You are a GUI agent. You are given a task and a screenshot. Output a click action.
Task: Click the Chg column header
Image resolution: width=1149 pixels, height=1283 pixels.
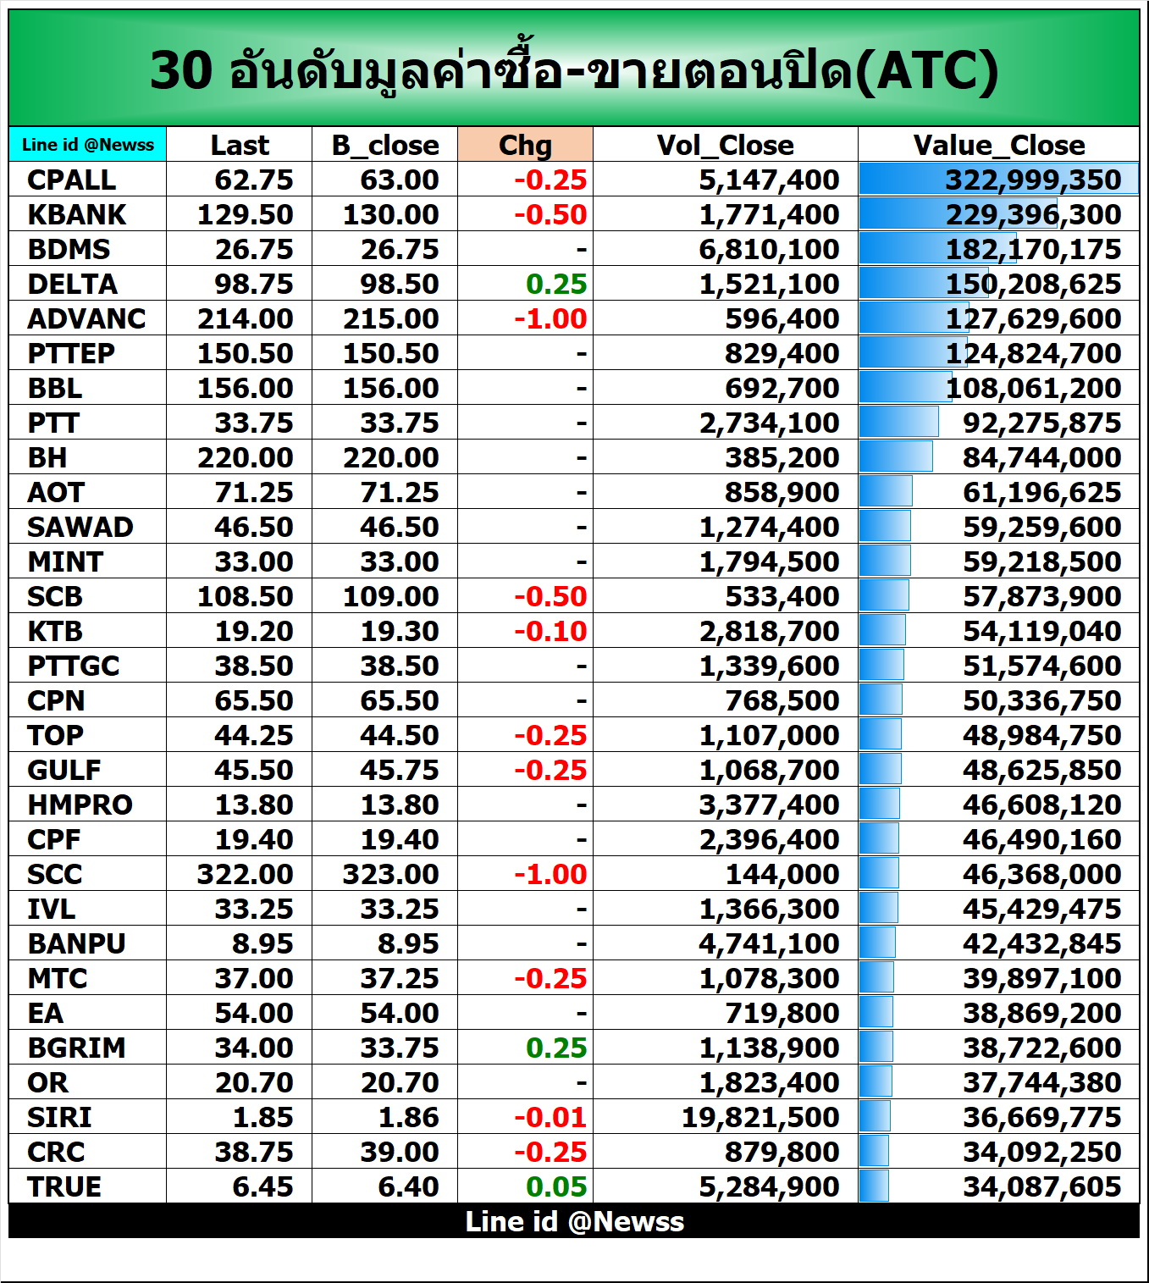tap(525, 145)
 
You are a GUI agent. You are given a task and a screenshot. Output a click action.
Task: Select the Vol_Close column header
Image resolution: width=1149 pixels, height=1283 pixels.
tap(725, 145)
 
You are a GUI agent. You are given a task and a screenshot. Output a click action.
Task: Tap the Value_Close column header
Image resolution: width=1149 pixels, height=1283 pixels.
tap(998, 145)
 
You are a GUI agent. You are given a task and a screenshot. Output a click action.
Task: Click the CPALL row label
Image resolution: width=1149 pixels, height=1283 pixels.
tap(71, 180)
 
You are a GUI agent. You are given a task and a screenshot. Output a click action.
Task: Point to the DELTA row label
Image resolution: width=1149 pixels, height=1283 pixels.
tap(72, 284)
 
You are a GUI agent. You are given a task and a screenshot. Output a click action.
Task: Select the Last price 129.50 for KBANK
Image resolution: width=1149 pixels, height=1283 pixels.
tap(245, 214)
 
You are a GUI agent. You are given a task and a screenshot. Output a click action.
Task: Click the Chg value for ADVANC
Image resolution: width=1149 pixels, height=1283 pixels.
tap(550, 318)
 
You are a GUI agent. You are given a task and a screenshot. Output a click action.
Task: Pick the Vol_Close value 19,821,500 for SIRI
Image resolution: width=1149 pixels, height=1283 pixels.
tap(760, 1117)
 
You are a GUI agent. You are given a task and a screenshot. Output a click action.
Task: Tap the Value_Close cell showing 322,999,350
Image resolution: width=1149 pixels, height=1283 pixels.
tap(1033, 180)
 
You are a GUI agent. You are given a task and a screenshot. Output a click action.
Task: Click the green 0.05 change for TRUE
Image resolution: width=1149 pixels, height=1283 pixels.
tap(556, 1186)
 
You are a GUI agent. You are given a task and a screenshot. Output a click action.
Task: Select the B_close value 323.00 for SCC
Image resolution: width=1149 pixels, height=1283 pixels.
tap(390, 874)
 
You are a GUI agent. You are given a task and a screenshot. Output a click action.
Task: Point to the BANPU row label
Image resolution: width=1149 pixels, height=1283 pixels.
tap(76, 943)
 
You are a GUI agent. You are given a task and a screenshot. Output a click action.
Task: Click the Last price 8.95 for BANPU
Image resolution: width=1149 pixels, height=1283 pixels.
tap(262, 943)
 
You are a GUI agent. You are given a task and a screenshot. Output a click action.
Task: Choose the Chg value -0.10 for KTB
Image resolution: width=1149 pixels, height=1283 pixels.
tap(550, 631)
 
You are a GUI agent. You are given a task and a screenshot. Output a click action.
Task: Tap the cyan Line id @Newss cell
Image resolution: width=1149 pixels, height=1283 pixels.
tap(87, 145)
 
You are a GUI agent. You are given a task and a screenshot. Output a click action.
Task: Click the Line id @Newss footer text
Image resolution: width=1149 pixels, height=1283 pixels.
tap(574, 1221)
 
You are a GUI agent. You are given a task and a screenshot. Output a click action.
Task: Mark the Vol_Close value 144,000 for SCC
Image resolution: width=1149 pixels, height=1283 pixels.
tap(782, 874)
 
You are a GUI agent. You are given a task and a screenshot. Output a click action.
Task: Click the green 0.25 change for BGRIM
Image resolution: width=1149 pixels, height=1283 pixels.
tap(556, 1048)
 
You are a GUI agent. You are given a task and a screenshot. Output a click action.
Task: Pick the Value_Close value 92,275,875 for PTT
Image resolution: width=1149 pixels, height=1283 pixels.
tap(1041, 423)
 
